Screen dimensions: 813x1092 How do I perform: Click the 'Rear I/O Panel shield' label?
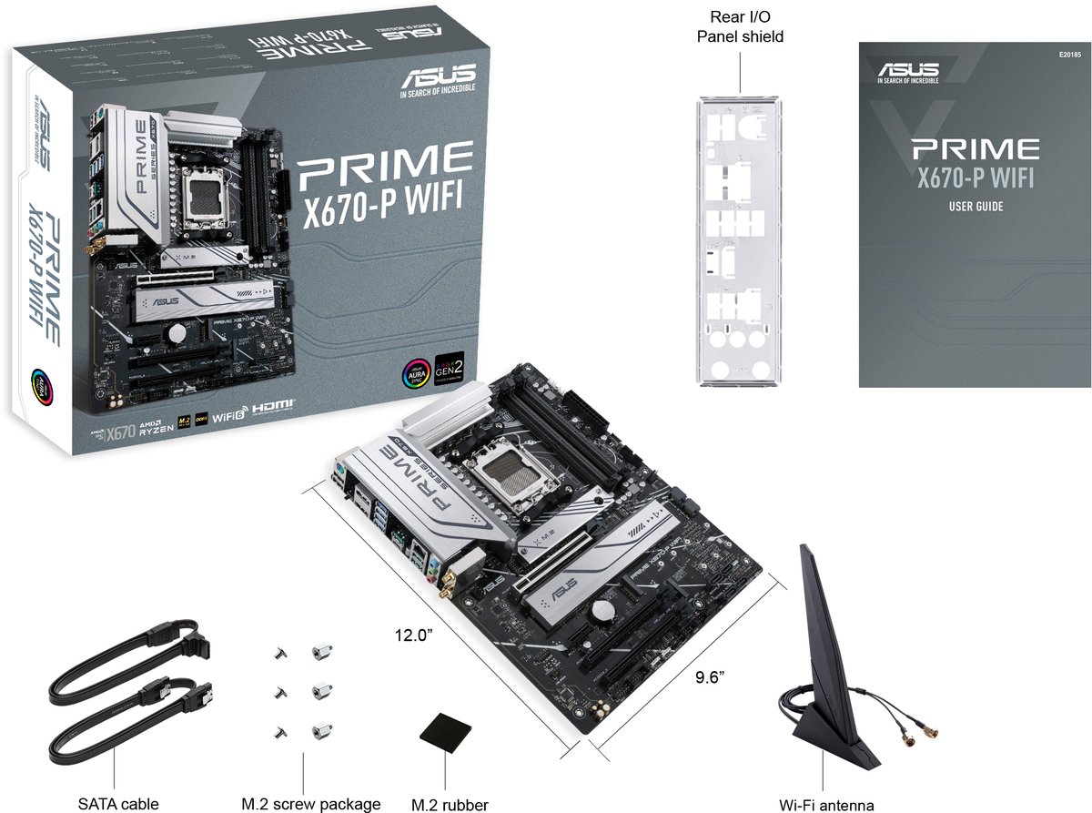click(x=740, y=27)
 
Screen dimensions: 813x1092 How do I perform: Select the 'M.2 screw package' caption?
click(x=310, y=804)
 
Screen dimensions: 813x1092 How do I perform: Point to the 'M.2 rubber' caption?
click(x=450, y=804)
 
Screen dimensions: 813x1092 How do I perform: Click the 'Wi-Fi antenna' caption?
click(x=826, y=804)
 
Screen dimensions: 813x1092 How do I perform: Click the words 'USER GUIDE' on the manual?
click(x=976, y=207)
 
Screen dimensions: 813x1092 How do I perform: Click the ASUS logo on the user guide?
click(x=908, y=71)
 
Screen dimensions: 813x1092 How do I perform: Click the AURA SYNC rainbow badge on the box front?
click(x=416, y=374)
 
